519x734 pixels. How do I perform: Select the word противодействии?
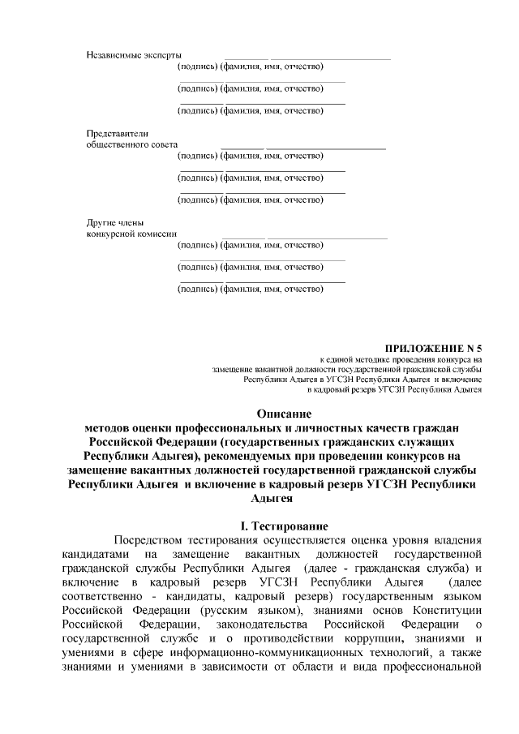coord(282,638)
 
